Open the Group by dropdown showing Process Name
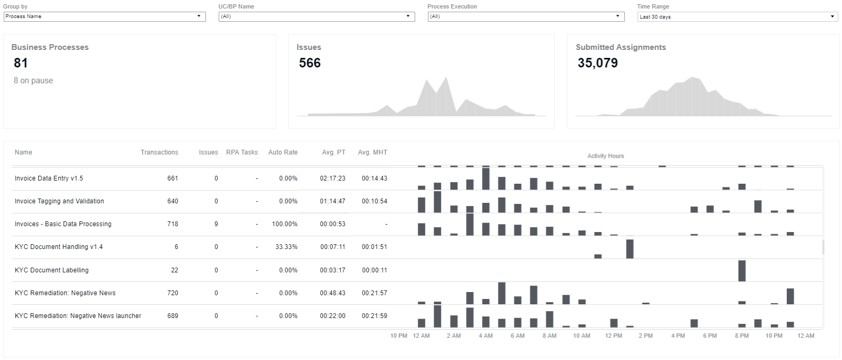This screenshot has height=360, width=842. (105, 16)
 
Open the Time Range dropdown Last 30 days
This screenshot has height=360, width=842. (737, 16)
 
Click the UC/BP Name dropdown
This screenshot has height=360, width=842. (316, 16)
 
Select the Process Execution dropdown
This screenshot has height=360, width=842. (526, 16)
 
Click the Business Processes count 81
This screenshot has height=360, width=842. (21, 63)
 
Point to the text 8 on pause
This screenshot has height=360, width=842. (33, 80)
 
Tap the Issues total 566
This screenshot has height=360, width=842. (310, 63)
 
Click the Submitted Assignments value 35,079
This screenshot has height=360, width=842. (598, 63)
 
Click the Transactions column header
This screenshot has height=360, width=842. (159, 152)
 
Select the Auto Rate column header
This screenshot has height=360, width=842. (282, 152)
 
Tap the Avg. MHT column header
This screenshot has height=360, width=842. (373, 152)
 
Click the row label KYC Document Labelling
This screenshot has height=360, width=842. (51, 270)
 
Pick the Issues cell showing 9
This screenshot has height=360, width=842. (216, 224)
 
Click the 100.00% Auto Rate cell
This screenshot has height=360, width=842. (285, 224)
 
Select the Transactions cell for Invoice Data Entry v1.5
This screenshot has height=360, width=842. (173, 178)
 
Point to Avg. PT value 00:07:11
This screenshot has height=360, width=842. (333, 247)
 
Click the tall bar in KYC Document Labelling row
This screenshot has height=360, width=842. (742, 271)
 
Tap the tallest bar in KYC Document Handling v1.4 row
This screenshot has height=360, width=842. (630, 249)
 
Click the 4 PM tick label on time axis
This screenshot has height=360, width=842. (678, 336)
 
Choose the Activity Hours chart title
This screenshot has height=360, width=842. (606, 156)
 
